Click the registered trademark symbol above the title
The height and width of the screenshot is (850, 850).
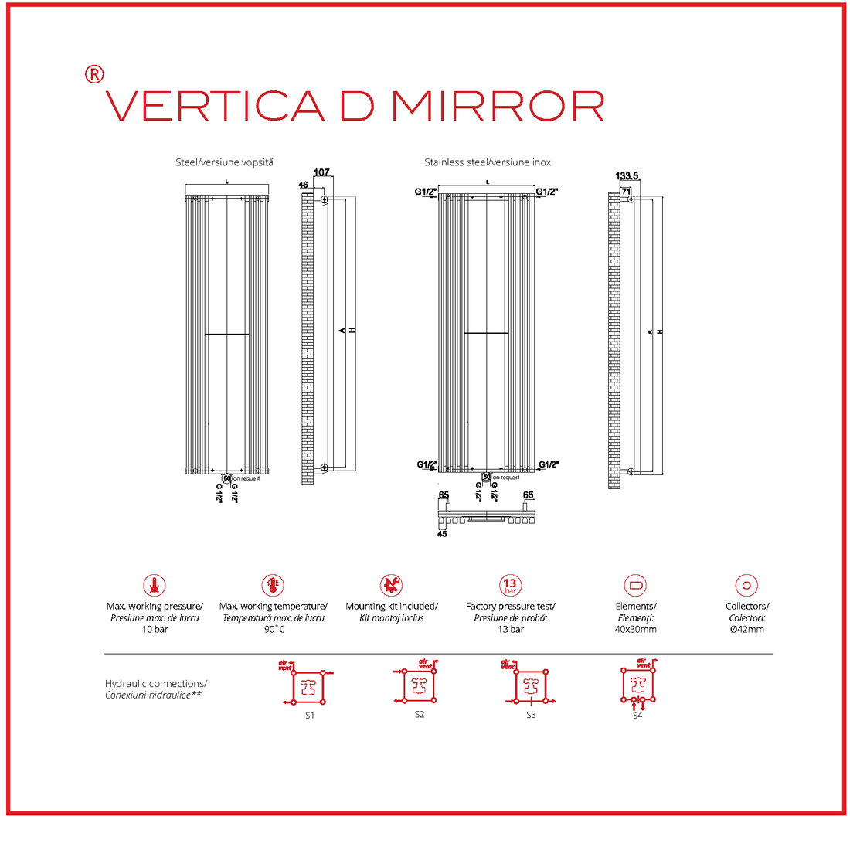coord(93,74)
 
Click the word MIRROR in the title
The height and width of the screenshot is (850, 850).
coord(498,107)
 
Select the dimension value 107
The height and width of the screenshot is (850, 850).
coord(321,172)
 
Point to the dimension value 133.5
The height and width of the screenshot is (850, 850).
coord(627,176)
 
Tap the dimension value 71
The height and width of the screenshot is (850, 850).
coord(626,191)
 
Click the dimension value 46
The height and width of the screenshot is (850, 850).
coord(303,185)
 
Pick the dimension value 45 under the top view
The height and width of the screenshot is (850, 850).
coord(442,534)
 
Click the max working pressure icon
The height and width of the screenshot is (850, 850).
coord(155,585)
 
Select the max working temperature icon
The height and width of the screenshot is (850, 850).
coord(273,585)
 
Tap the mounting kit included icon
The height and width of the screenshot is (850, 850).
coord(391,585)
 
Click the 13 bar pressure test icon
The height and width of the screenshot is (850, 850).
coord(510,585)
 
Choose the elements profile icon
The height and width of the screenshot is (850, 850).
coord(636,585)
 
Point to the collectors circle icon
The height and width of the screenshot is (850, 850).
coord(746,585)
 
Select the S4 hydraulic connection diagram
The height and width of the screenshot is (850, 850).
coord(637,685)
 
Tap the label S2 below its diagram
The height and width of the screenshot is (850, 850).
coord(420,715)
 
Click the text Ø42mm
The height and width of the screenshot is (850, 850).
coord(746,629)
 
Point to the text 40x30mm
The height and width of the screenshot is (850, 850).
coord(636,629)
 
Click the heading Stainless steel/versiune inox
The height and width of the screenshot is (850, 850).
coord(488,162)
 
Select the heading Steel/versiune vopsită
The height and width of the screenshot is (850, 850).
coord(224,162)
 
